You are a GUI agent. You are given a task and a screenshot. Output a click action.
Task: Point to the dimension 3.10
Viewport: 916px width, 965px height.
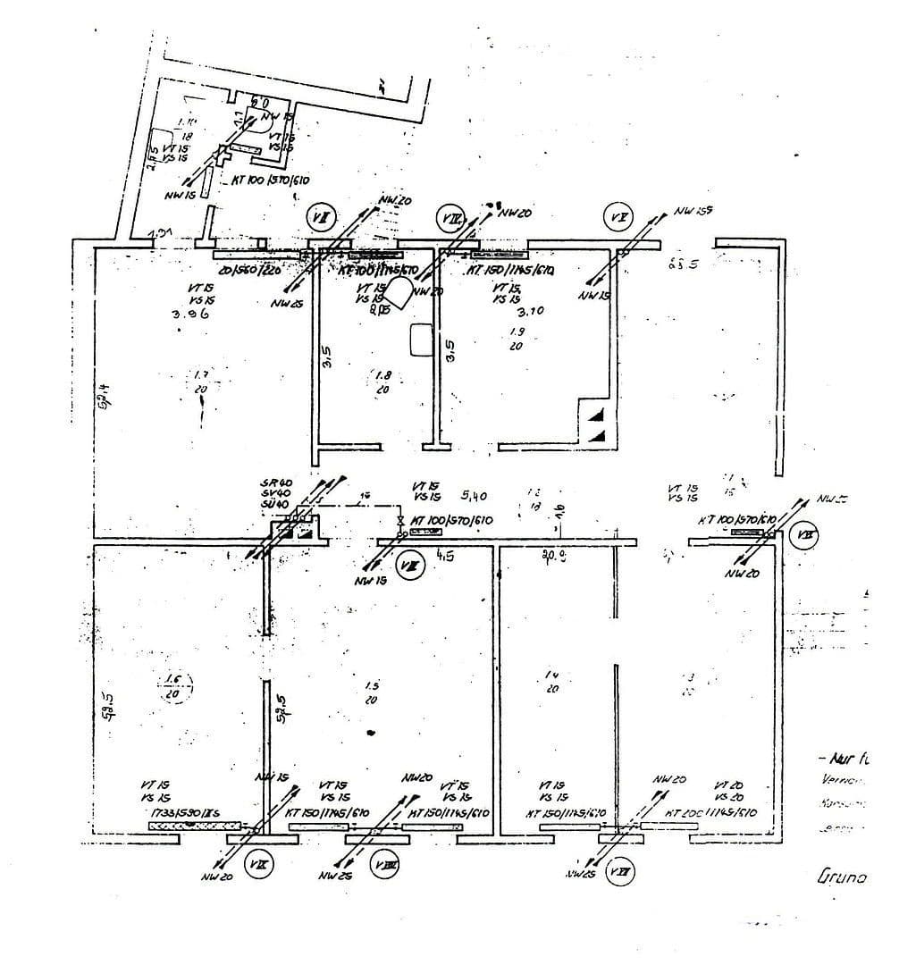[531, 312]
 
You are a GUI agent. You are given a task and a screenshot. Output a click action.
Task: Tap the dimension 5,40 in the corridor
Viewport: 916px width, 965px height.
[474, 494]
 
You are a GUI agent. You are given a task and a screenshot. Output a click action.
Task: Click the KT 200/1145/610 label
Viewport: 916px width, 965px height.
[711, 813]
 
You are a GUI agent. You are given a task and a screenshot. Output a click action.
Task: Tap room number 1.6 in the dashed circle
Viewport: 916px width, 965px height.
[173, 685]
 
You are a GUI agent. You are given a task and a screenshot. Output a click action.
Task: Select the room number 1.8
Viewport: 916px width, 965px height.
[382, 376]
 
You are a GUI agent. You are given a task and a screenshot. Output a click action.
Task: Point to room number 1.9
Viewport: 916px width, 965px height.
[517, 331]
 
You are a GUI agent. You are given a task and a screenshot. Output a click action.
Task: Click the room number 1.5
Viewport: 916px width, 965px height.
[371, 686]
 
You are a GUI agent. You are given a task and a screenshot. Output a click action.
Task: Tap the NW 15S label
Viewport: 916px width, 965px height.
[694, 212]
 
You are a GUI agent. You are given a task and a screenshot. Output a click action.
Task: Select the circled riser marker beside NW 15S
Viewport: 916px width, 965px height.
[618, 217]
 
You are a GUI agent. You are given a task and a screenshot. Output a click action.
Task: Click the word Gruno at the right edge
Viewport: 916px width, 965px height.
[842, 877]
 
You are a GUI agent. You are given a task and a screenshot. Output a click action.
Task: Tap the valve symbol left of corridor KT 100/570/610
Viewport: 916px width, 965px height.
[401, 521]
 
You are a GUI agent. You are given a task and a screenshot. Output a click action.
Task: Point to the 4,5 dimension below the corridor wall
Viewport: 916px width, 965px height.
[444, 554]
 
